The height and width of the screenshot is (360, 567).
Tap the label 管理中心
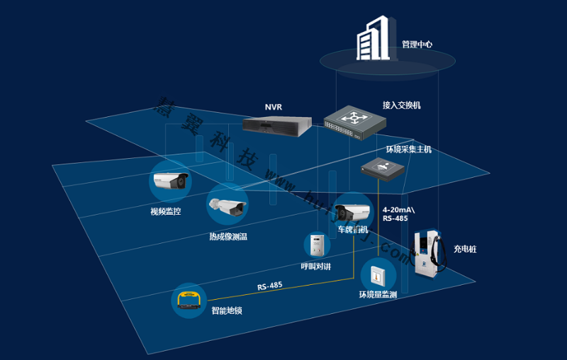pyautogui.click(x=417, y=45)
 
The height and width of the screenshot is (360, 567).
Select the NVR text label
pyautogui.click(x=274, y=107)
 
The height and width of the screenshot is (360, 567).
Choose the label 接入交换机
pyautogui.click(x=402, y=106)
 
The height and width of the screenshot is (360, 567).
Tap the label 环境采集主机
pyautogui.click(x=408, y=150)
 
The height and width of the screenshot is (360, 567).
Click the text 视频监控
pyautogui.click(x=165, y=211)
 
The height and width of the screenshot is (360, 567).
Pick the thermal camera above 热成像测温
pyautogui.click(x=226, y=206)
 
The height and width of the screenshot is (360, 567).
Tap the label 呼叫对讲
pyautogui.click(x=316, y=267)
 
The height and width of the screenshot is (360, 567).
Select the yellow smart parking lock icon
pyautogui.click(x=189, y=300)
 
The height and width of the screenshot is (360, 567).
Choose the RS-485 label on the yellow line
pyautogui.click(x=270, y=286)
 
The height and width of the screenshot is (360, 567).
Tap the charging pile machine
pyautogui.click(x=428, y=254)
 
